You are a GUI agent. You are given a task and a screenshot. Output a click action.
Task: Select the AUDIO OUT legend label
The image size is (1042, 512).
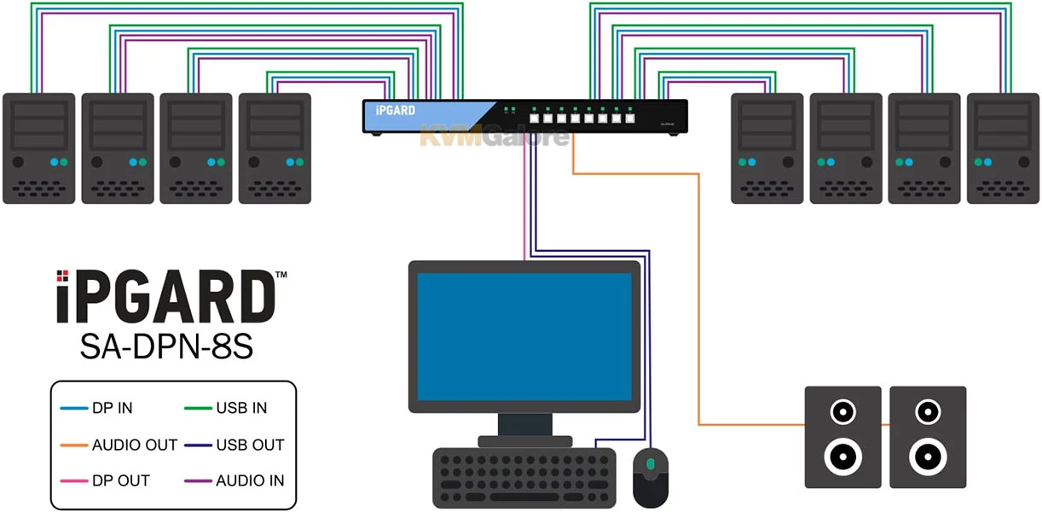coord(135,445)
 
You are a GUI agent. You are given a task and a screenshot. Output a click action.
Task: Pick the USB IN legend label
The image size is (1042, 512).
coord(241,408)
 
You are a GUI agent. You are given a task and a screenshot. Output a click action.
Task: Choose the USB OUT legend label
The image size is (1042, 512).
coord(250,445)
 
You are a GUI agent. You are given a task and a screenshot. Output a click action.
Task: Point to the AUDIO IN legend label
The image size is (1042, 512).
coord(250,480)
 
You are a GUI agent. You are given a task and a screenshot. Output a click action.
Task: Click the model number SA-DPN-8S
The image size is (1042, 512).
coord(166,346)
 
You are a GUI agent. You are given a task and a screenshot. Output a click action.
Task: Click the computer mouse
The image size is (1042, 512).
coord(651,476)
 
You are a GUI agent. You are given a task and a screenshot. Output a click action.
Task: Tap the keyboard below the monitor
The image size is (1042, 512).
coord(524,476)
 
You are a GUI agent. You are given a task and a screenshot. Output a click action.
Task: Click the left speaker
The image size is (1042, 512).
coord(842,437)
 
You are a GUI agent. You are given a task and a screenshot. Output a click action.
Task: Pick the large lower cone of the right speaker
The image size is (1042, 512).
coord(927,457)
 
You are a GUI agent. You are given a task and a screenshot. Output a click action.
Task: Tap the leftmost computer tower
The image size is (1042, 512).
coord(39,148)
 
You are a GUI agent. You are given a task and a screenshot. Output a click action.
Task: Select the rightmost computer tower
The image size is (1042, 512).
coord(1003,148)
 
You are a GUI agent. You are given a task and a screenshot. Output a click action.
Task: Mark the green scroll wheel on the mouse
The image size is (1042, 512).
coord(651,464)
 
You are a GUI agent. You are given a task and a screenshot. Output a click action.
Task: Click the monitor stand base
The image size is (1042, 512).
coord(524,441)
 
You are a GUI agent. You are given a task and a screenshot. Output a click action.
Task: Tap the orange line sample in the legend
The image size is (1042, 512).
coord(75,445)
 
